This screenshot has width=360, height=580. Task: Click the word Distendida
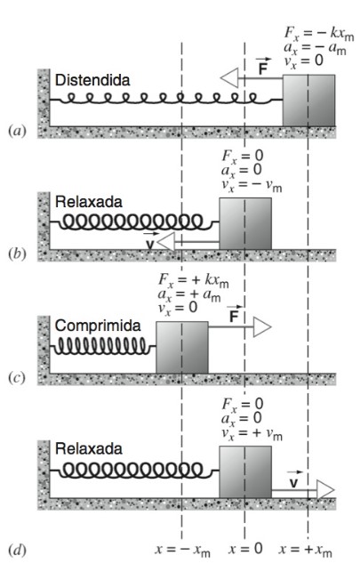tap(92, 80)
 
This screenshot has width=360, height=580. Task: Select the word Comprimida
tap(98, 326)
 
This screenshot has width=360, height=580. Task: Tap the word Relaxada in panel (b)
tap(88, 202)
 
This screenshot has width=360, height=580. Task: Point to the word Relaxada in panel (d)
tap(88, 448)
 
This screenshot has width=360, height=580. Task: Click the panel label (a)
tap(17, 131)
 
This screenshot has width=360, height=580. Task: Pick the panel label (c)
tap(17, 378)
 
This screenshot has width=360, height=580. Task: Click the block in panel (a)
tap(309, 101)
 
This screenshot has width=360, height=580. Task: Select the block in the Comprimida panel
tap(182, 347)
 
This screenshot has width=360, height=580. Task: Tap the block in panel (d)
tap(245, 472)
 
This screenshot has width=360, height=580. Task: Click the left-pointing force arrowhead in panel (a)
tap(229, 78)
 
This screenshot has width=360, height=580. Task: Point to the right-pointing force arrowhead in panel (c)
tap(262, 327)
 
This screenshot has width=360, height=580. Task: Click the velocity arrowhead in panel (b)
tap(166, 242)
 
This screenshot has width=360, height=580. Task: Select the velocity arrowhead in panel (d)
tap(325, 490)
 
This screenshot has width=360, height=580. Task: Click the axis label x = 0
tap(245, 549)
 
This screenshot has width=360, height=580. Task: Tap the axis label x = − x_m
tap(182, 550)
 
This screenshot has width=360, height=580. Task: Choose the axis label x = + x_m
tap(305, 550)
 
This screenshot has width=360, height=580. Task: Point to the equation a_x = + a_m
tap(189, 294)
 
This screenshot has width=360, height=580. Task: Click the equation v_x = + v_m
tap(252, 433)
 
